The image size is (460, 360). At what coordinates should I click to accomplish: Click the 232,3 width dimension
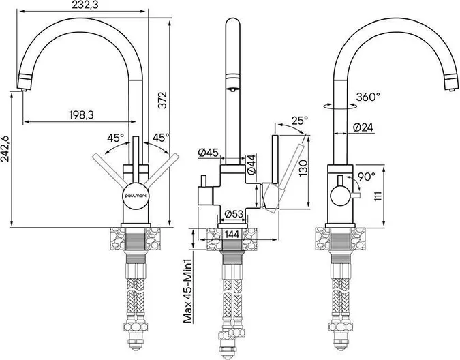(82, 5)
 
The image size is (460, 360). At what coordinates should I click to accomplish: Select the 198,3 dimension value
(81, 115)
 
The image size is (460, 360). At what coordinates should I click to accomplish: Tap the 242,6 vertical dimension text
(5, 149)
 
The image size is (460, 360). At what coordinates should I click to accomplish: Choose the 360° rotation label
(368, 97)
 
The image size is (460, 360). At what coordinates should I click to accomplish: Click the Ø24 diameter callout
(363, 127)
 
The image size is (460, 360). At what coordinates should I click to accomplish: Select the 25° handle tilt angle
(300, 120)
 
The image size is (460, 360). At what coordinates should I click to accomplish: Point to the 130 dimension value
(303, 168)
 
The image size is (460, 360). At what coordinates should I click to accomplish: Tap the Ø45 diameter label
(208, 153)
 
